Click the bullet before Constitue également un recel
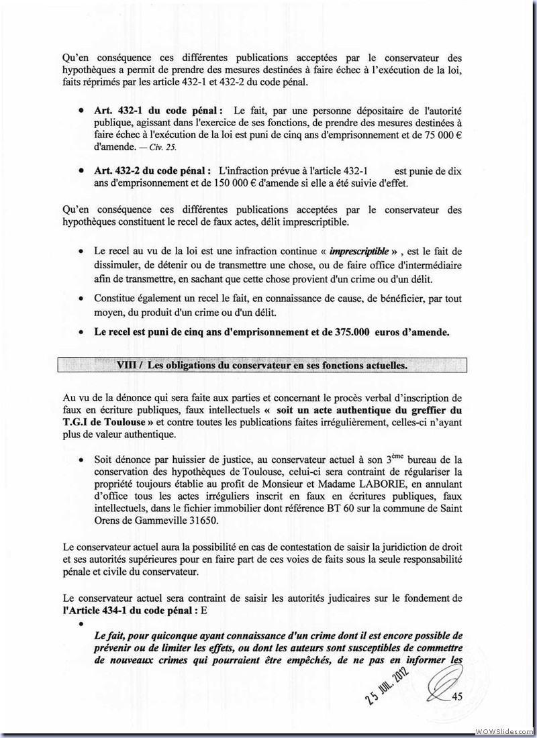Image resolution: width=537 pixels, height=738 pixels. tap(81, 298)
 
